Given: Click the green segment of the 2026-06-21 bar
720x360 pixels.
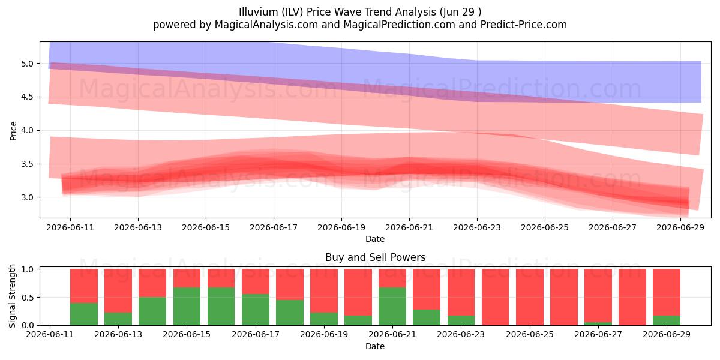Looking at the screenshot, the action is tap(392, 306).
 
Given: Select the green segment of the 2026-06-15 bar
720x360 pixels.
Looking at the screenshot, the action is tap(187, 306).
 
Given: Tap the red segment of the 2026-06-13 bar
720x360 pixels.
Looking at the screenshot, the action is tap(118, 290).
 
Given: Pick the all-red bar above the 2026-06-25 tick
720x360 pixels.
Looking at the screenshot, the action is tap(529, 297).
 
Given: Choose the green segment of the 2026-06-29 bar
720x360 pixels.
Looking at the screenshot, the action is tap(667, 320).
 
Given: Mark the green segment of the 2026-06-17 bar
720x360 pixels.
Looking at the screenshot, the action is tap(256, 310).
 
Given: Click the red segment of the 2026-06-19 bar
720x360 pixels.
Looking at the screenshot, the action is tap(324, 290).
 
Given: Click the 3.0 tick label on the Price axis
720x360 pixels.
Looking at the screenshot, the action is tap(28, 197).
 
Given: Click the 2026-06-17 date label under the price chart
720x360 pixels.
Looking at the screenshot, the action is tap(274, 227).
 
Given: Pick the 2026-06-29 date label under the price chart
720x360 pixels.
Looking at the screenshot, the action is tap(680, 227).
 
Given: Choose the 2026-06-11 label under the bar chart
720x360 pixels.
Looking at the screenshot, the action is tap(50, 334).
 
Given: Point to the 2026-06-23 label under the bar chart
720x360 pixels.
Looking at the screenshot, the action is tap(461, 334).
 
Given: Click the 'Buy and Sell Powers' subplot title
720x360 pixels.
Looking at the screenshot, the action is tap(375, 257).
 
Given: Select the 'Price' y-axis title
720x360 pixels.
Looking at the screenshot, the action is tap(13, 131).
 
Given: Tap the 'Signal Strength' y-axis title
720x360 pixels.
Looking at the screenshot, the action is tap(12, 296).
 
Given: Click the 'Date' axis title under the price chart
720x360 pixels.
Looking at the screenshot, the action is tap(375, 239).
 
